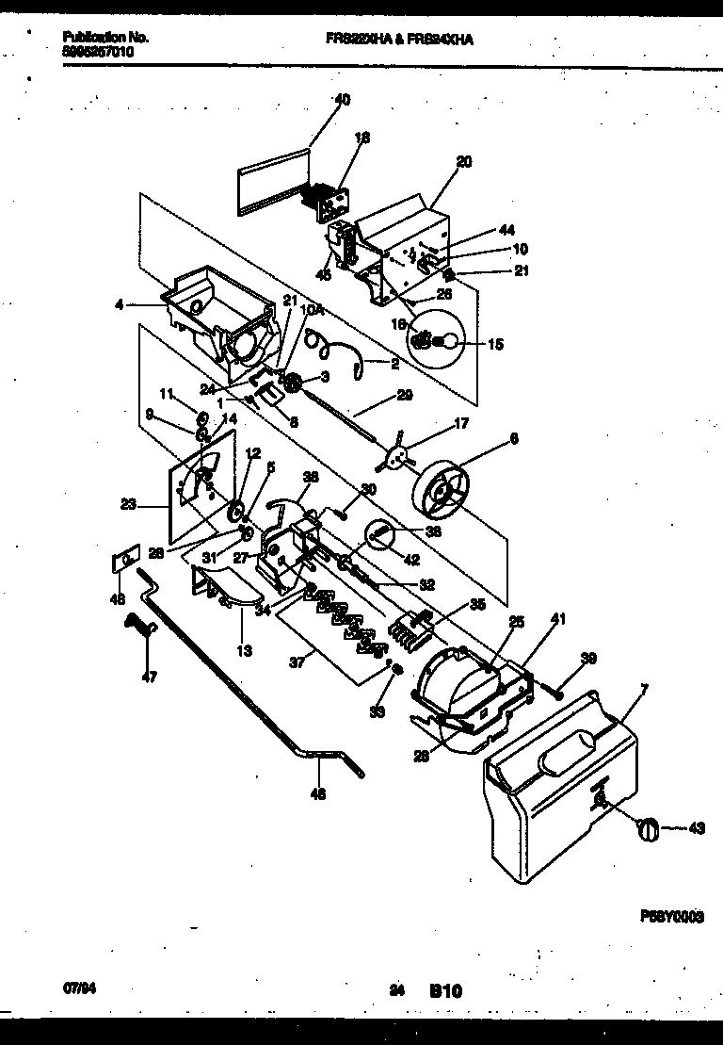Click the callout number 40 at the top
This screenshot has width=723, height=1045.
coord(342,99)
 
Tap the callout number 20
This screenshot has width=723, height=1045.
coord(463,162)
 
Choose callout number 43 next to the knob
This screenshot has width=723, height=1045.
coord(697,829)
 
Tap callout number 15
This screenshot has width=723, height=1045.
coord(495,345)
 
